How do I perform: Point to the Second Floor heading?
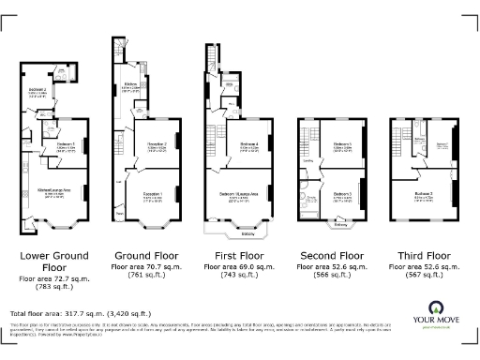tap(329, 253)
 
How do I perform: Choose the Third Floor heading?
tap(419, 253)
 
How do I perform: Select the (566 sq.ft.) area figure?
tap(329, 277)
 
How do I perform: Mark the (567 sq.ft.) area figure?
tap(419, 277)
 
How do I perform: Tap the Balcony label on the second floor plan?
tap(342, 225)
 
